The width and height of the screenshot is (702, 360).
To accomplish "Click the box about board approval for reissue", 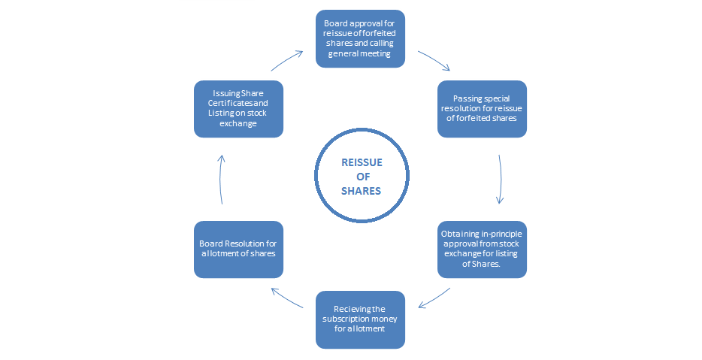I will [x=360, y=38].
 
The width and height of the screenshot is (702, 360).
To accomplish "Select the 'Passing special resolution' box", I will [x=482, y=108].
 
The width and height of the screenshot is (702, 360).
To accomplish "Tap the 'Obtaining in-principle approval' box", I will [x=482, y=249].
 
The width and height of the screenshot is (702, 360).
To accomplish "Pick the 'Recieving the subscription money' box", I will [x=360, y=319].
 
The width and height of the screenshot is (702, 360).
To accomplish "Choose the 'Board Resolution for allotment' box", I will [x=238, y=249].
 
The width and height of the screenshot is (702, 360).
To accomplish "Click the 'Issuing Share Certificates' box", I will [x=238, y=108].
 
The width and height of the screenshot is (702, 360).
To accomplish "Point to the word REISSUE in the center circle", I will [x=361, y=163].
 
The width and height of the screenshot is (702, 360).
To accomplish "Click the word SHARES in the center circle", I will [x=361, y=191].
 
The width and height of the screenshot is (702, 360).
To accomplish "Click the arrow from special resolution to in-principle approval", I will [x=499, y=179].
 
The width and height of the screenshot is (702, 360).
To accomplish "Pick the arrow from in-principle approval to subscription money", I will [x=434, y=298].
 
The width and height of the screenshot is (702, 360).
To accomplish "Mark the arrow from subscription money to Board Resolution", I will [x=288, y=298].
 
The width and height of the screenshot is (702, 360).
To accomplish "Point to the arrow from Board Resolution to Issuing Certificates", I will [x=221, y=179].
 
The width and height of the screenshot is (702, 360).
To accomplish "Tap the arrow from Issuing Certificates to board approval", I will [x=286, y=59].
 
